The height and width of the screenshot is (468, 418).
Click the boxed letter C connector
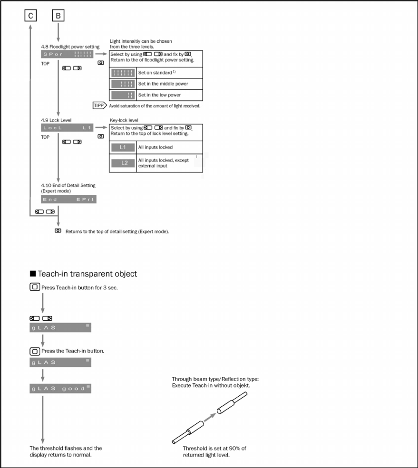coord(30,16)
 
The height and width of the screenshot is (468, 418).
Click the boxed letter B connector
coord(58,16)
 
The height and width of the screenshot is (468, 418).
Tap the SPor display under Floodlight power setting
coord(67,55)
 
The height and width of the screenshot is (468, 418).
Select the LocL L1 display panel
coord(67,128)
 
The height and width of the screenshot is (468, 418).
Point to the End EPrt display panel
coord(68,200)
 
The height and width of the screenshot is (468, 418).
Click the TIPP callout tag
coord(100,105)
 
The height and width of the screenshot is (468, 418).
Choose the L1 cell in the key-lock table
coord(123,147)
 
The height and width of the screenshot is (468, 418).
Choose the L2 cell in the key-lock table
coord(123,163)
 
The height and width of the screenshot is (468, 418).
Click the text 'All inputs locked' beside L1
coord(156,147)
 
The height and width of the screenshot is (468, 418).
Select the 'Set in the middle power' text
coord(163,84)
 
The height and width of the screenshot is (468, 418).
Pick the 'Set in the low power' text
coord(160,95)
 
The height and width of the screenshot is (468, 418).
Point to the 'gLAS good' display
coord(60,389)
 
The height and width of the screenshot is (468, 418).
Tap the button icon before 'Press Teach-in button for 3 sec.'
coord(34,287)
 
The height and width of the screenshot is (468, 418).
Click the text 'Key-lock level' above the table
coord(125,121)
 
